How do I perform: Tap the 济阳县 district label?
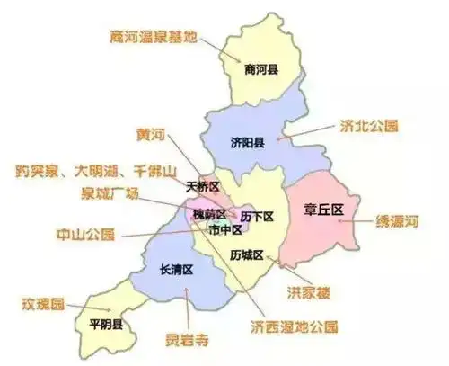click(x=245, y=142)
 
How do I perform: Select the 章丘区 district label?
click(x=324, y=210)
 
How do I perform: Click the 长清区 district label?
click(x=176, y=269)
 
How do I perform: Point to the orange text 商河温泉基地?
click(x=150, y=37)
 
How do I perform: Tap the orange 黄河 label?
click(x=152, y=135)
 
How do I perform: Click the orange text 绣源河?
click(x=400, y=220)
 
